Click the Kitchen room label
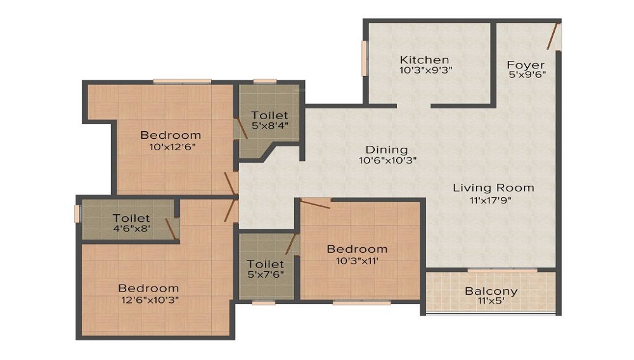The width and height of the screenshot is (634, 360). point(424,60)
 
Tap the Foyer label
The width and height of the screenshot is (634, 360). point(526,65)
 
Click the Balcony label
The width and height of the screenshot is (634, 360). point(491,291)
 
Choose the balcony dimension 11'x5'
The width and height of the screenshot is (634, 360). point(491,302)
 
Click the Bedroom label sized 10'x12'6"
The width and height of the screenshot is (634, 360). point(171,134)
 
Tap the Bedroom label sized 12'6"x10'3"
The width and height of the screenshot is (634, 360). point(148,288)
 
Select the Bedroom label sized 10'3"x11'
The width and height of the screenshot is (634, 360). point(357,248)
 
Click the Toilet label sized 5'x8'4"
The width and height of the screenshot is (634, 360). point(269,115)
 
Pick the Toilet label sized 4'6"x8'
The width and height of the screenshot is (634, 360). point(131,218)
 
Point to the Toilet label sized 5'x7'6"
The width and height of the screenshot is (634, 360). point(266,263)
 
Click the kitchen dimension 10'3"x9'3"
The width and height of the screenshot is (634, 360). point(425,71)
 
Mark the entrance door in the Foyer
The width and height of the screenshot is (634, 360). point(553,36)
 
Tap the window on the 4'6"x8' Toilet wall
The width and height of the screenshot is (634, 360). point(77,214)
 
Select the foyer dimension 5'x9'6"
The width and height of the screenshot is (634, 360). point(526,75)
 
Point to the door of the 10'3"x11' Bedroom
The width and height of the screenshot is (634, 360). point(315,203)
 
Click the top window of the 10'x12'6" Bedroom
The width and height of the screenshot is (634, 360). point(182,81)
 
